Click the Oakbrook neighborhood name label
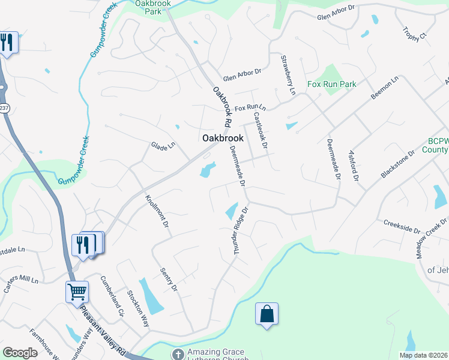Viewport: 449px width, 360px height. (223, 138)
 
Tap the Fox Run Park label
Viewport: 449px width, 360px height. (332, 85)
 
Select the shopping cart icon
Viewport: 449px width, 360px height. (77, 292)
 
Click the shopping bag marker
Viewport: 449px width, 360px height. (267, 314)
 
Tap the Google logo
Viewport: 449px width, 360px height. (20, 353)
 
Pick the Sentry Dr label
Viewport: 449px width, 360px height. (169, 280)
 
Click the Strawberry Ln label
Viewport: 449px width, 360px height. (288, 75)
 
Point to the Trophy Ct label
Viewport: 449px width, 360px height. (414, 34)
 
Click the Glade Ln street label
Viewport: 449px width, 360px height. (163, 146)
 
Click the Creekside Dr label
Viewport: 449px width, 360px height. (402, 226)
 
